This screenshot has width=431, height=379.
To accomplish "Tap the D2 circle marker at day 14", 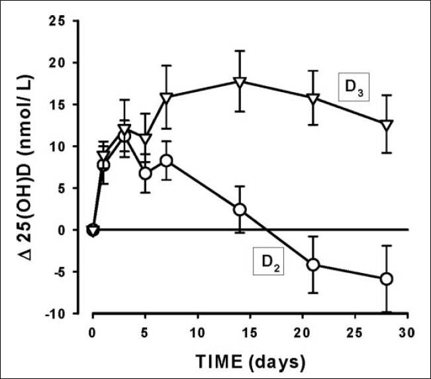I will click(240, 209).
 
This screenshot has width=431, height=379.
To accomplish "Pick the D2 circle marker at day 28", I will click(387, 279).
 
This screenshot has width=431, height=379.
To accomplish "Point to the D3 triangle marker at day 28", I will click(387, 125).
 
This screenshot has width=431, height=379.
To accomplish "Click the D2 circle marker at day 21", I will click(313, 264).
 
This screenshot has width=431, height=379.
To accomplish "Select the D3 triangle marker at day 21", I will click(313, 99).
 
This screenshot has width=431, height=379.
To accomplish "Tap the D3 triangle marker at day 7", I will click(166, 97).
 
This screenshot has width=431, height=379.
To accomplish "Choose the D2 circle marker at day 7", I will click(166, 161).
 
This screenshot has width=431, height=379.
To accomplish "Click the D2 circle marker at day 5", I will click(145, 174).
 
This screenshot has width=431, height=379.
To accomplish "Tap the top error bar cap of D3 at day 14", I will click(240, 51).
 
